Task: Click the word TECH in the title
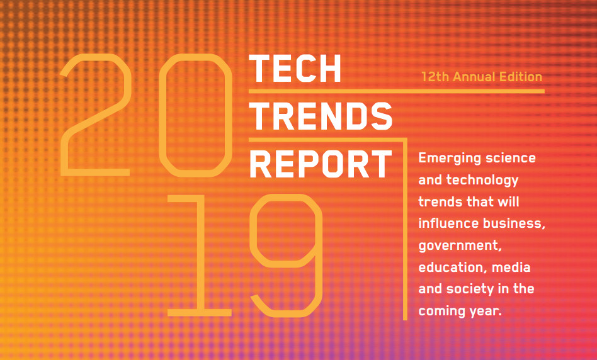point(295,69)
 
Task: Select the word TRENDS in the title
point(321,116)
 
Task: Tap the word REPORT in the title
point(321,164)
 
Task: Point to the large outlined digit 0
point(161,115)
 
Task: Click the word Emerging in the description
point(441,159)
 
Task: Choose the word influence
point(448,223)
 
